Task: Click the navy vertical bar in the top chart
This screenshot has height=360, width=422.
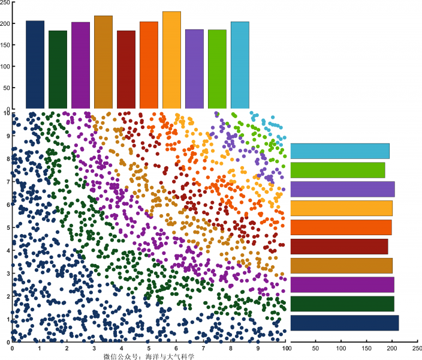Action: pyautogui.click(x=35, y=65)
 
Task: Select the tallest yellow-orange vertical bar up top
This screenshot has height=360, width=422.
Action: pyautogui.click(x=171, y=60)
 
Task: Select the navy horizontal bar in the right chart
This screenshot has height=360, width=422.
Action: pyautogui.click(x=345, y=323)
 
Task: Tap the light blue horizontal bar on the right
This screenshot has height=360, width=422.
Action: pyautogui.click(x=340, y=151)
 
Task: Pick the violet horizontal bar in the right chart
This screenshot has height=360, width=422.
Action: pyautogui.click(x=342, y=189)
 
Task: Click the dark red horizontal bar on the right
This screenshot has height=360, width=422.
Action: pyautogui.click(x=339, y=247)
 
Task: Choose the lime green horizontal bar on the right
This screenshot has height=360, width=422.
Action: pyautogui.click(x=337, y=170)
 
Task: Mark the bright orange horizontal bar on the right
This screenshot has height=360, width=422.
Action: pyautogui.click(x=341, y=227)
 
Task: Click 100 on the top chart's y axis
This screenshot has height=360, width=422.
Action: pyautogui.click(x=5, y=66)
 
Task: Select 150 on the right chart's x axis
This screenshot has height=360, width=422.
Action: pyautogui.click(x=367, y=347)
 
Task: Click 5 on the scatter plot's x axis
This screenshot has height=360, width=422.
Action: pyautogui.click(x=149, y=347)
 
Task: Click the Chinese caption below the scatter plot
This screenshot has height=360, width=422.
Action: pyautogui.click(x=149, y=356)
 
